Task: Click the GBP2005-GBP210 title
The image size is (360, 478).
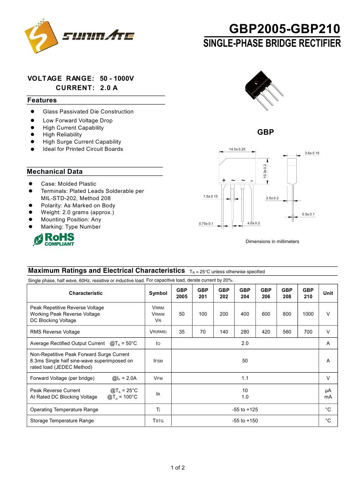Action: pos(284,29)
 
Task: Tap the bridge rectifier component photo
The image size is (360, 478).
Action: pos(262,90)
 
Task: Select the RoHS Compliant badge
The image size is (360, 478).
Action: pos(54,239)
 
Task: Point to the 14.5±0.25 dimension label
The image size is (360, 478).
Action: pos(237,150)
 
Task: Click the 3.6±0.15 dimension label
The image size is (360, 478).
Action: pos(312,153)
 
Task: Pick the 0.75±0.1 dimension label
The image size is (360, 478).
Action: pos(206,223)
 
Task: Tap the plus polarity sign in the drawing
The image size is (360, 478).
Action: pos(224,181)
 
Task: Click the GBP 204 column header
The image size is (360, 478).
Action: pos(245,293)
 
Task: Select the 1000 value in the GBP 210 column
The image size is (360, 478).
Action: pos(308,314)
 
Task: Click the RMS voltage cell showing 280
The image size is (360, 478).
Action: pos(245,332)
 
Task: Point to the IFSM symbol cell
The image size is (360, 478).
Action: pos(158,361)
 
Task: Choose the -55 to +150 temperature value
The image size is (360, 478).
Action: pos(245,421)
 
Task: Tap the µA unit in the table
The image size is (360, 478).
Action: pos(328,390)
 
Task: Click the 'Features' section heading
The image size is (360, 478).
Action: pos(42,100)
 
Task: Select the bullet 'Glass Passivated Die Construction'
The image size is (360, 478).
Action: pos(88,112)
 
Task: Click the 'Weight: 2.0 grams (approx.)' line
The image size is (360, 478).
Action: pos(77,212)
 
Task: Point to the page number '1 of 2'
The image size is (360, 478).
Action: pos(178,468)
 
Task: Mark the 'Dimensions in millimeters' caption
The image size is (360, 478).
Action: pos(272,241)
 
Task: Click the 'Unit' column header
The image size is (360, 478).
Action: pos(328,293)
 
